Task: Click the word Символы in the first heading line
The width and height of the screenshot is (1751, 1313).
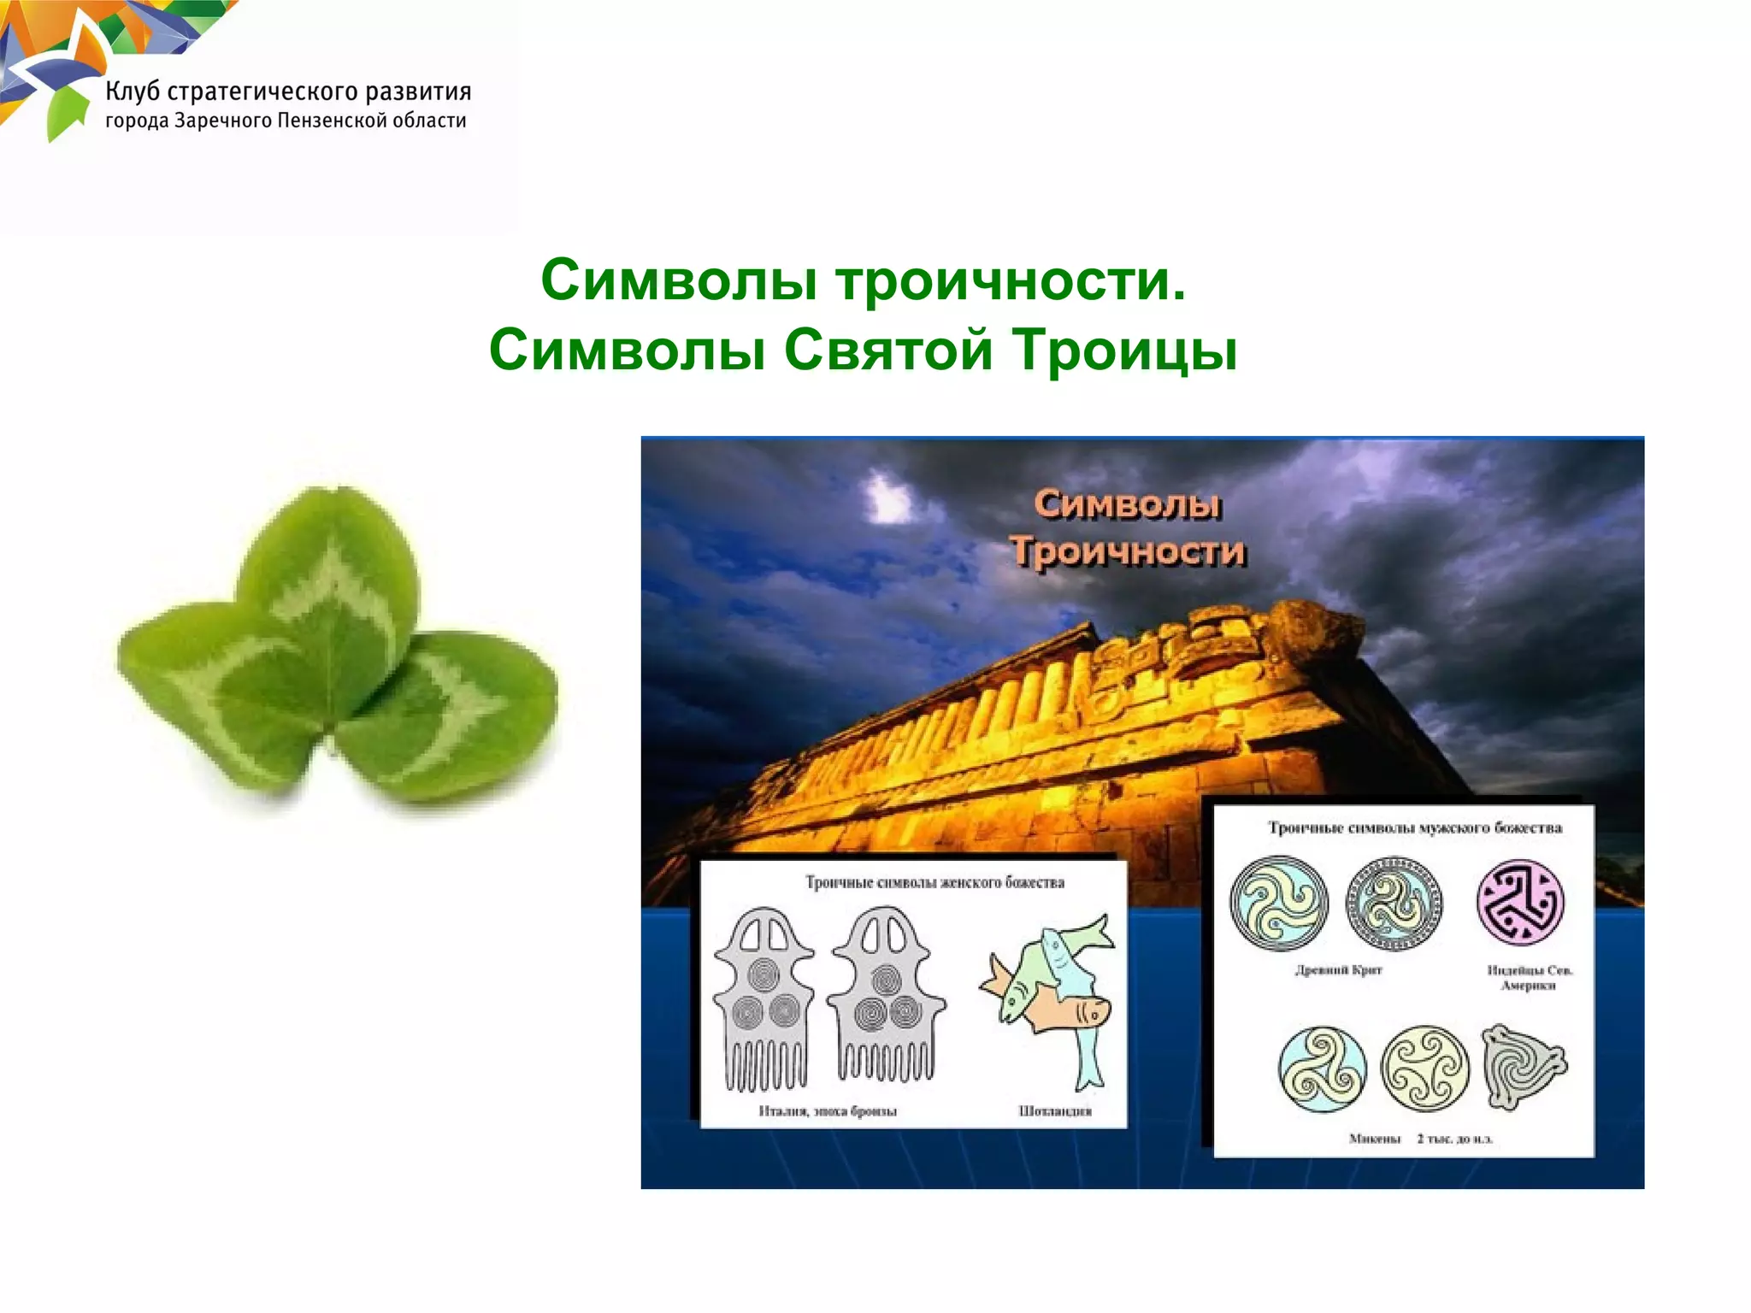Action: pyautogui.click(x=679, y=281)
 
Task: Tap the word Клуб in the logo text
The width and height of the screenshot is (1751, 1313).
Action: pyautogui.click(x=133, y=92)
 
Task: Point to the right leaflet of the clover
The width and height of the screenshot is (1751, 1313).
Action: pyautogui.click(x=449, y=718)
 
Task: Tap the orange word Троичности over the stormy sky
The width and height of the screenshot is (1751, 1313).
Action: pyautogui.click(x=1128, y=551)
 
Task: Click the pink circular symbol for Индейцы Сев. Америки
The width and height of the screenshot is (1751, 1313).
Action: pyautogui.click(x=1520, y=903)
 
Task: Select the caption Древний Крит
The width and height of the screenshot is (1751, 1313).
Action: pyautogui.click(x=1338, y=970)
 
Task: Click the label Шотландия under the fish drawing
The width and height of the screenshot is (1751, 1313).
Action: pyautogui.click(x=1055, y=1111)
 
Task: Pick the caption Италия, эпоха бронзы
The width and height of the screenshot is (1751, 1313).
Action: pyautogui.click(x=827, y=1111)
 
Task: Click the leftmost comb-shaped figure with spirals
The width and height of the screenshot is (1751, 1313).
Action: pyautogui.click(x=763, y=1000)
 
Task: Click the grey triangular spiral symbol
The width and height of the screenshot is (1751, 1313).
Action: pyautogui.click(x=1522, y=1067)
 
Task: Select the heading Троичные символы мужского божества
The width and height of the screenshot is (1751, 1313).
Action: pyautogui.click(x=1414, y=828)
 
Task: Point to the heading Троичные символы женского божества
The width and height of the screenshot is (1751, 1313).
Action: pyautogui.click(x=934, y=882)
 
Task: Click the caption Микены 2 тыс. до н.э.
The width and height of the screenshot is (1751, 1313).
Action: pyautogui.click(x=1419, y=1139)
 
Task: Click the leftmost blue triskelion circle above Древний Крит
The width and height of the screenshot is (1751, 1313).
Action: pyautogui.click(x=1279, y=904)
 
